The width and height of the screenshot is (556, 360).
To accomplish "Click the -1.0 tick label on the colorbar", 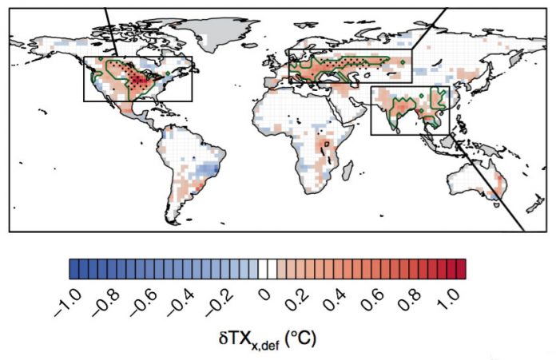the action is point(68,303).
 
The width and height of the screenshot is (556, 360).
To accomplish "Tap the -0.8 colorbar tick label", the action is point(106,303).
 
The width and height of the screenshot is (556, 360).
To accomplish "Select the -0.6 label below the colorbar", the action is point(145,303).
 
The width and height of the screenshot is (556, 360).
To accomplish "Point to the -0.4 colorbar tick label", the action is point(183,303).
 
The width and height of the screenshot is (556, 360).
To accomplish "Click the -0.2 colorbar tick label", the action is point(220,303).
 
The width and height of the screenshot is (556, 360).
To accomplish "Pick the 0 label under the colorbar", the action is point(265,295).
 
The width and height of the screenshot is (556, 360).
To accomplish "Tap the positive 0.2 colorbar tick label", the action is point(297,300).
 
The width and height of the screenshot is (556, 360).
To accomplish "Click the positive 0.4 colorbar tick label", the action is point(336,300).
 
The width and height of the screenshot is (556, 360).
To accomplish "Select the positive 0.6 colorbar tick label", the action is point(373,300).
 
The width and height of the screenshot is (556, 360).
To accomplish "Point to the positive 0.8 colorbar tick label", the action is point(411,300).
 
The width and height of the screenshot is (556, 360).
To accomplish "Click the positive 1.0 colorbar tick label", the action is point(449,300).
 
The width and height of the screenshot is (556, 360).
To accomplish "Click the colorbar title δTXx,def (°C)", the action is point(267,339).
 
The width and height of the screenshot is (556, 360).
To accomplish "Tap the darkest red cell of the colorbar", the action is point(461,269).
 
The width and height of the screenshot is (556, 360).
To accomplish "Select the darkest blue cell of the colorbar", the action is point(74,269).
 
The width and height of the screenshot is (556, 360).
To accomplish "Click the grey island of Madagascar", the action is point(347,170).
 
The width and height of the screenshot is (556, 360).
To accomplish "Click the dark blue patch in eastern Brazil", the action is point(208,170).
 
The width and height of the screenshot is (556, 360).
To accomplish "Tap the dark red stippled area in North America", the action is point(137,81).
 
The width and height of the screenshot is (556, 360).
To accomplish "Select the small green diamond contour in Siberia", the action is point(403,62).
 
